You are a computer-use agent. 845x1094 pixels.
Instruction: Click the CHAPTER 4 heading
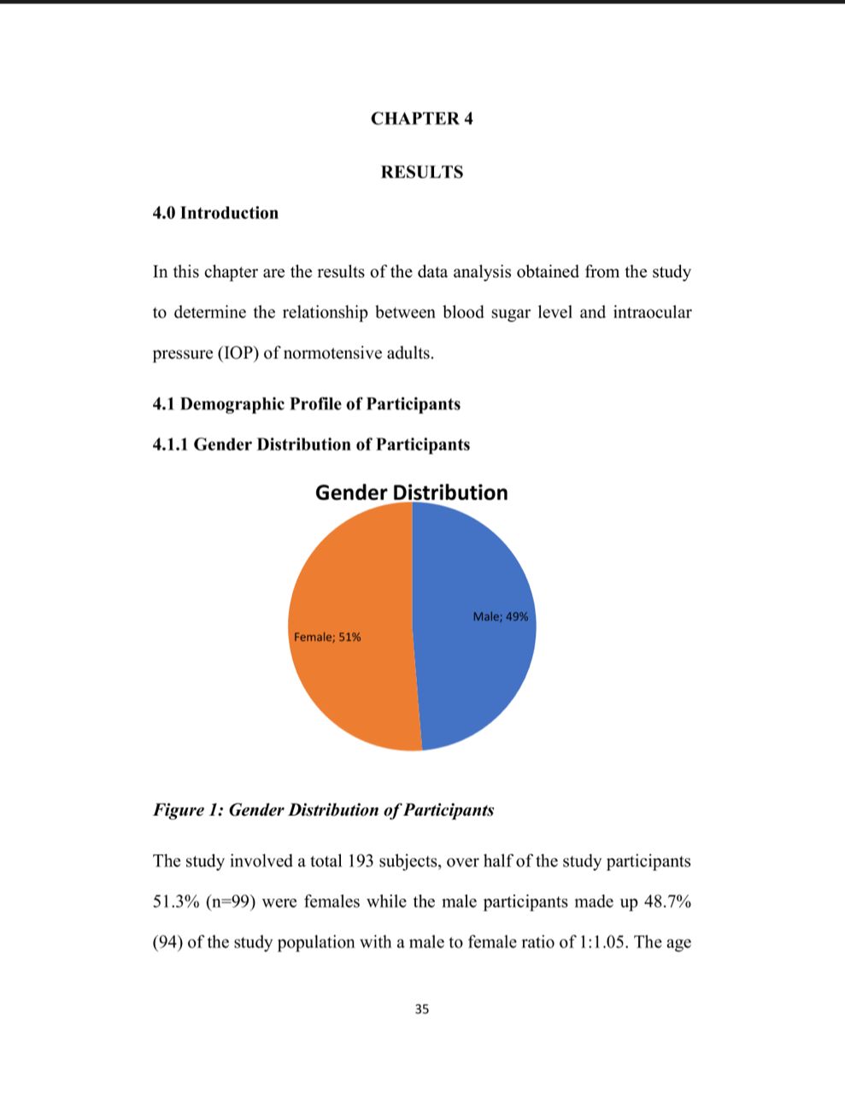[421, 119]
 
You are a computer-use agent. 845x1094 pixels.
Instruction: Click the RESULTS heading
[422, 172]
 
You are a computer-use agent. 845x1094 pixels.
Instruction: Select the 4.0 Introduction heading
[215, 213]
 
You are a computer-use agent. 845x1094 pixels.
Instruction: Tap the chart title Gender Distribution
[411, 492]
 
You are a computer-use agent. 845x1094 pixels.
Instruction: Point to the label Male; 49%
[501, 616]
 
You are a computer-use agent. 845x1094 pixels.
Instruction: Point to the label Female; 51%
[327, 637]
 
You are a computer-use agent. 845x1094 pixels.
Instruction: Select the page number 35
[422, 1009]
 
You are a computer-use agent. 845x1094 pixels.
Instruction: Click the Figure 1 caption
[323, 810]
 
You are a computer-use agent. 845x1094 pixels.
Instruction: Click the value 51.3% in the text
[176, 902]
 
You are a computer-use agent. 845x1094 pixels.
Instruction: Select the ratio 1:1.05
[604, 943]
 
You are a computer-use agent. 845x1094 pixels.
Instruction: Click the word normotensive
[332, 353]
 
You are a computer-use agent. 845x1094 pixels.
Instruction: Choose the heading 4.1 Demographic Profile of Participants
[306, 403]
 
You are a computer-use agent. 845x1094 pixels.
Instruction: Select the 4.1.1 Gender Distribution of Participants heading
[311, 444]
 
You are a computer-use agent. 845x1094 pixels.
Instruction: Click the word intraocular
[651, 312]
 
